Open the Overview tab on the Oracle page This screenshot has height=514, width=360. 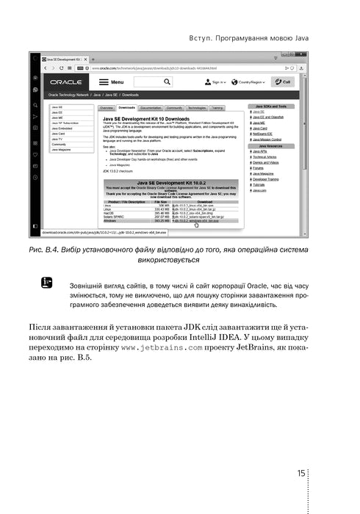pos(107,108)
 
